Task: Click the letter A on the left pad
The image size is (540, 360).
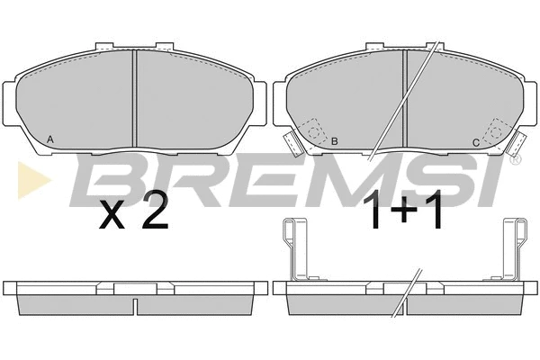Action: point(50,139)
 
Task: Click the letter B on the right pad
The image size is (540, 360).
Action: point(334,141)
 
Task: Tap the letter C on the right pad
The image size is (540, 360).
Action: point(476,142)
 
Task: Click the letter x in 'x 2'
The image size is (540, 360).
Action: point(112,215)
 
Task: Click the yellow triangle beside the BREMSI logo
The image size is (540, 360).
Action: point(34,180)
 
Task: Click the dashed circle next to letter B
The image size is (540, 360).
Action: point(314,132)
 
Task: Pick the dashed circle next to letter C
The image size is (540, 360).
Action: point(496,131)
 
